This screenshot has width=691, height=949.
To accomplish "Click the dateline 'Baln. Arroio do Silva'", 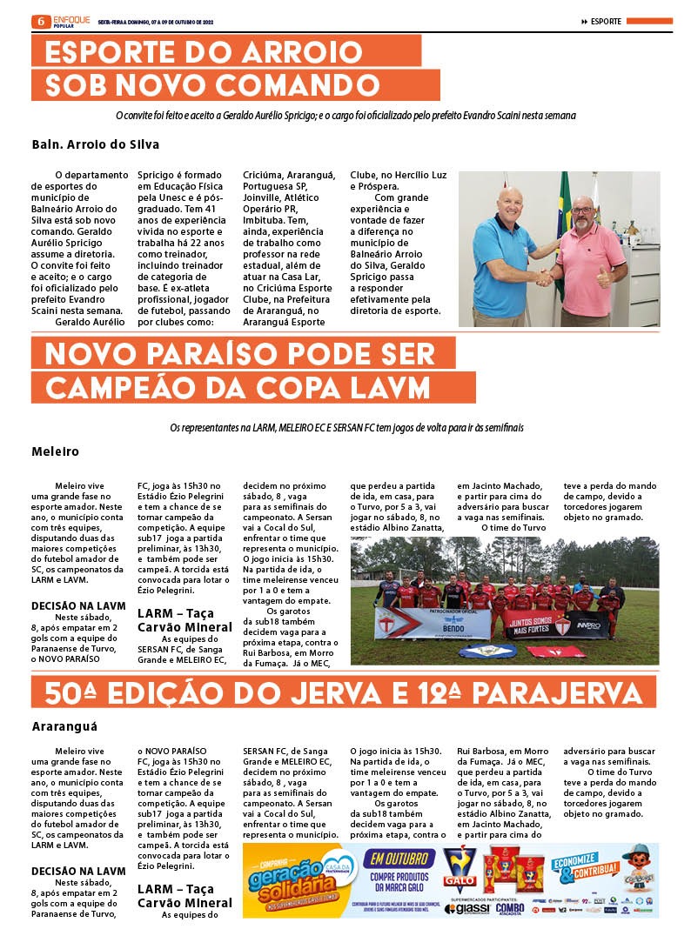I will [95, 144].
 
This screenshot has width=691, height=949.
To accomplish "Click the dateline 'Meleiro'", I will [55, 451].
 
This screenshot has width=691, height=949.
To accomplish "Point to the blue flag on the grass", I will [488, 650].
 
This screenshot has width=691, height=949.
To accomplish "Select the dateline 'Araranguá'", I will [64, 725].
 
